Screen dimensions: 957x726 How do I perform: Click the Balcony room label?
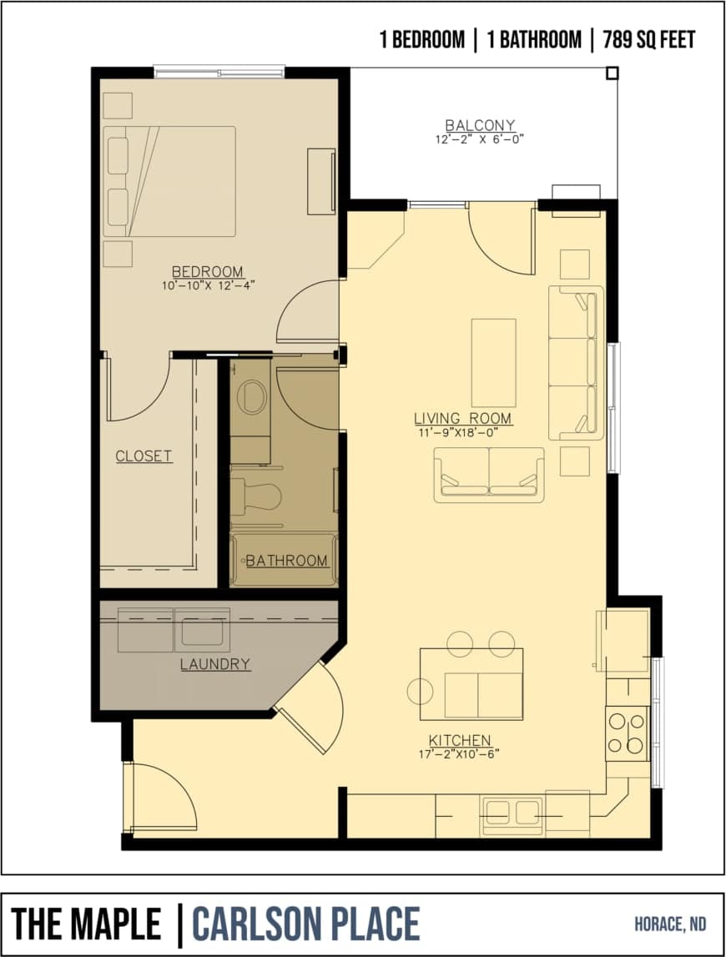(x=480, y=125)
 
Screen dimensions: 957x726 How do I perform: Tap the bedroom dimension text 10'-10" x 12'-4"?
(x=208, y=285)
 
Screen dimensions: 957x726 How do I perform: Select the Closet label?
(x=144, y=456)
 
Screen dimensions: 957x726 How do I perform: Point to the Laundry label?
(x=215, y=665)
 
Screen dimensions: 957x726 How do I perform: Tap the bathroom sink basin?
(x=250, y=397)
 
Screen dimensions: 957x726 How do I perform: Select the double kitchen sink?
(x=512, y=812)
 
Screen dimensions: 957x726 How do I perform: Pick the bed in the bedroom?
(x=169, y=181)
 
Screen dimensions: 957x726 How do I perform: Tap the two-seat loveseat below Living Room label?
(x=488, y=475)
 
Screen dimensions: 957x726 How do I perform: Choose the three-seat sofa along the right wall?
(x=575, y=362)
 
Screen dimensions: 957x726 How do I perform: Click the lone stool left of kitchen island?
(x=420, y=691)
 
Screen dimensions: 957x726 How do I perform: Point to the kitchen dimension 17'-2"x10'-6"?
(x=460, y=754)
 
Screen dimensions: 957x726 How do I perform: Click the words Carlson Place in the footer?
(x=306, y=924)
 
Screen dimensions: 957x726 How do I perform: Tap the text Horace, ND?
(x=669, y=924)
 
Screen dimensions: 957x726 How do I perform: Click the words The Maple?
(x=86, y=924)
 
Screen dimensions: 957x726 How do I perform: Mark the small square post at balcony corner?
(x=613, y=73)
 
